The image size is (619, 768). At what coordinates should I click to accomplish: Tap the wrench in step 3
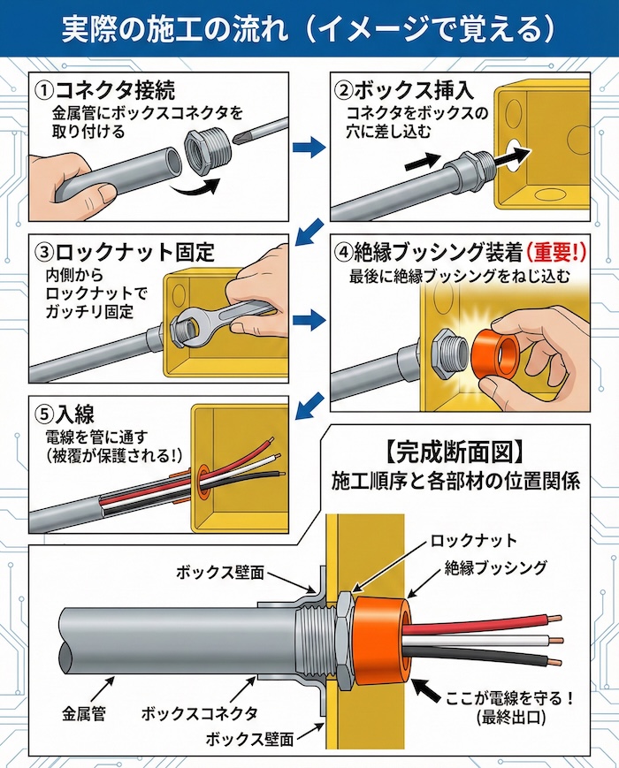(x=220, y=318)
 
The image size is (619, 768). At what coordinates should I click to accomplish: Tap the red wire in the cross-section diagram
(x=495, y=620)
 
